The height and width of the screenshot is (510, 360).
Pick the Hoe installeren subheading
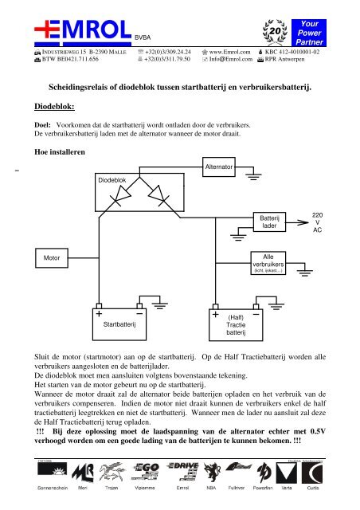tap(57, 151)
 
